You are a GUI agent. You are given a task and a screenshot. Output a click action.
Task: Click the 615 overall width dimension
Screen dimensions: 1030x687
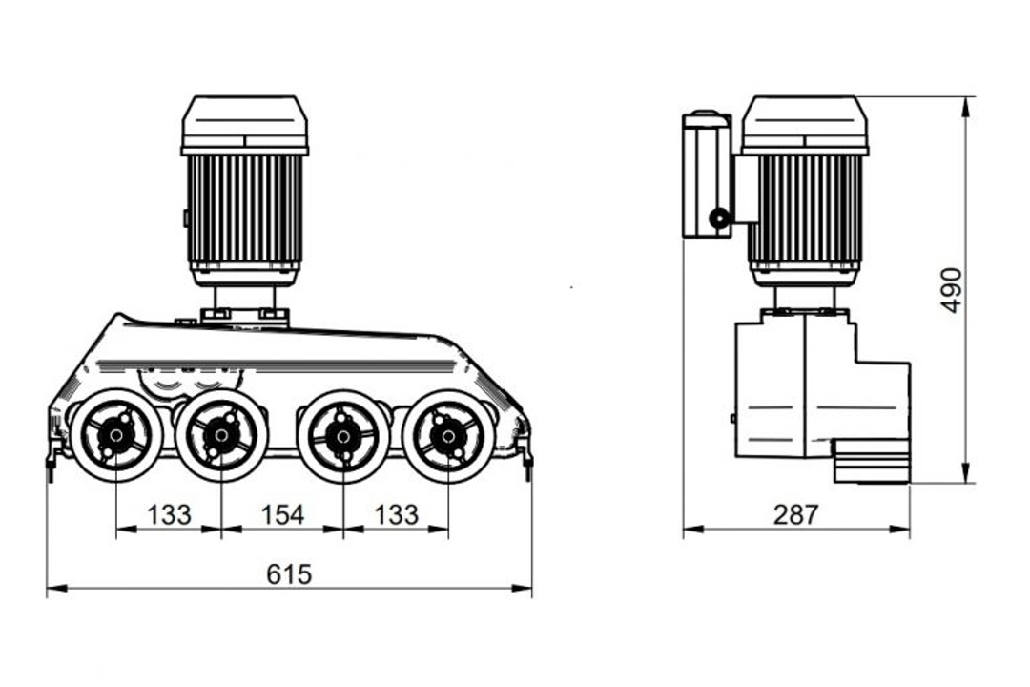point(289,574)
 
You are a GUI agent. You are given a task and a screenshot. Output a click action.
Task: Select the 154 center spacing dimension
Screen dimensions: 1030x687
point(282,514)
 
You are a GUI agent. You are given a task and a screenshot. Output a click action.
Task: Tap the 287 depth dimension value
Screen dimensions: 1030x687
point(796,514)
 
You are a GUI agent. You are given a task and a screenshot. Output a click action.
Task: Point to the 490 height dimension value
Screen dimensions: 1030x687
point(952,290)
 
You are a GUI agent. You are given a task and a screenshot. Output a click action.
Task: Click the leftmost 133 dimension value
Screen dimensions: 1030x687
point(169,514)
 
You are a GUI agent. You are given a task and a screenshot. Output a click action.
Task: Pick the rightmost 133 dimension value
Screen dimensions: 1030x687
point(396,514)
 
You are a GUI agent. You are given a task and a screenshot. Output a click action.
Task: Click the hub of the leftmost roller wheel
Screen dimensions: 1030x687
point(116,434)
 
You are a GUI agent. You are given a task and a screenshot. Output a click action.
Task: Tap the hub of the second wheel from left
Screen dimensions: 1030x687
point(221,434)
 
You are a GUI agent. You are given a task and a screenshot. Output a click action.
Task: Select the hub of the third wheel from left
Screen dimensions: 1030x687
point(343,434)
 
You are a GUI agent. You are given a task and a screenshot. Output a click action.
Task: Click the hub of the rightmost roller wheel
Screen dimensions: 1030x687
point(448,434)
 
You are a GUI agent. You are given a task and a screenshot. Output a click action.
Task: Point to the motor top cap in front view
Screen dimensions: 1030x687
point(244,125)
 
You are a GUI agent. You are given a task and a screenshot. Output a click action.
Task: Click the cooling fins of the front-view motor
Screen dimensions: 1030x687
point(244,208)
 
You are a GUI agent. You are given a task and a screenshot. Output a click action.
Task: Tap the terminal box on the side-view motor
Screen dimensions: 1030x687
point(707,175)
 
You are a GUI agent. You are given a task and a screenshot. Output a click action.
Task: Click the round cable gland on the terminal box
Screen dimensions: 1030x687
point(720,219)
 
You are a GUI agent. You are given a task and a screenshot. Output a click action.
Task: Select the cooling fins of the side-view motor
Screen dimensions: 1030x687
point(805,208)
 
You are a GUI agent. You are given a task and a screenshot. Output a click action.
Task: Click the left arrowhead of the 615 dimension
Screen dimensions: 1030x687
point(56,588)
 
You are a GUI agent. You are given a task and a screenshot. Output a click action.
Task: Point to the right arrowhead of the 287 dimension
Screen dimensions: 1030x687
point(900,528)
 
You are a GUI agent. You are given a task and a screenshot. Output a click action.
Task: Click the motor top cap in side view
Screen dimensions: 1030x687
point(805,125)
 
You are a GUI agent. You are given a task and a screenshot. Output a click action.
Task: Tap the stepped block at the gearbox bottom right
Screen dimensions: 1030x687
point(871,462)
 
